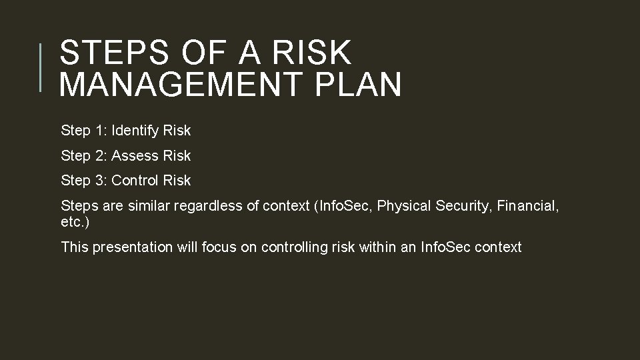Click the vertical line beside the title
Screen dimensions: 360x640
pos(40,67)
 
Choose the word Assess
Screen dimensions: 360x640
pos(131,156)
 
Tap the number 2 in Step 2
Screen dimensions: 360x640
pos(99,156)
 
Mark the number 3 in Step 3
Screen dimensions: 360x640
pos(99,181)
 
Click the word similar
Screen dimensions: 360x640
pos(149,206)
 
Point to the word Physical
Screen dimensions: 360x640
pos(404,207)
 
